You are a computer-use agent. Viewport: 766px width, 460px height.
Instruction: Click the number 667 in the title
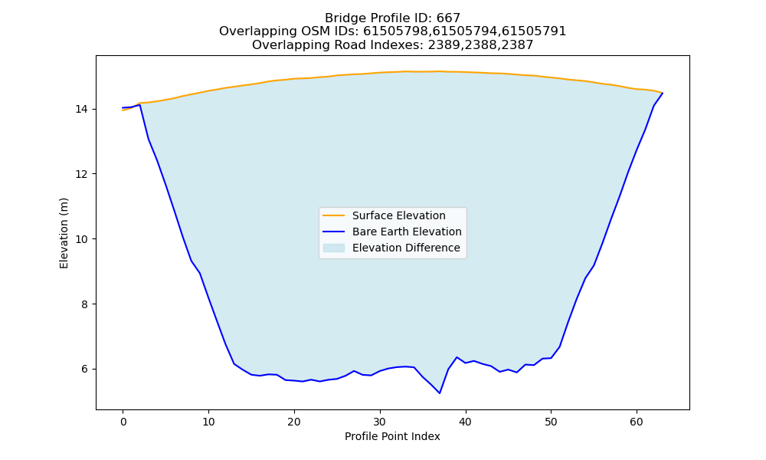click(448, 18)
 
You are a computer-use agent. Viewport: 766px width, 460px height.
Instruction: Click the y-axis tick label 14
click(82, 109)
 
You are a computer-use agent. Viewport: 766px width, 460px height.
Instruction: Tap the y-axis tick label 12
click(82, 174)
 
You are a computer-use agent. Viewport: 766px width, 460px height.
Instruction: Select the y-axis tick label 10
click(82, 239)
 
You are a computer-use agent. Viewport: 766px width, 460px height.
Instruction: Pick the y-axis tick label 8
click(85, 304)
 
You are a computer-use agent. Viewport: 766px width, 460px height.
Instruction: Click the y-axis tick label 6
click(85, 369)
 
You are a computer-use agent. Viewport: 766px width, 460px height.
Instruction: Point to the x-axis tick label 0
click(123, 422)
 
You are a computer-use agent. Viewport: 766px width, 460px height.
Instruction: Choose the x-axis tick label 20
click(294, 422)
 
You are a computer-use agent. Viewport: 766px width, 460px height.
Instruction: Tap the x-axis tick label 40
click(466, 422)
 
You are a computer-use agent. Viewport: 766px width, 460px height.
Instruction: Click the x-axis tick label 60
click(637, 422)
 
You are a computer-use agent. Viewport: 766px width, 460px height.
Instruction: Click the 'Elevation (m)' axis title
click(64, 233)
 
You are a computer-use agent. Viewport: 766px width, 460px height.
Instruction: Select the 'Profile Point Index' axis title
click(392, 436)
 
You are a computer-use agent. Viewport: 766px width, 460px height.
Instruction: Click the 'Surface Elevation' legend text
click(398, 215)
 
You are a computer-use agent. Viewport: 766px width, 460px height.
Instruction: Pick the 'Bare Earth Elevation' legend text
click(407, 232)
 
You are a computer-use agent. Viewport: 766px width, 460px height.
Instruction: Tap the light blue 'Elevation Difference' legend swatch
click(334, 248)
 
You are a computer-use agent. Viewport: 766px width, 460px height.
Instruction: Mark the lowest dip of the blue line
click(440, 393)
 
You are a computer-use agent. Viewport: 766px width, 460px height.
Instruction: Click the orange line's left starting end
click(123, 110)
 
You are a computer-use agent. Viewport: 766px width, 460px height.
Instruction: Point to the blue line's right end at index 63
click(663, 93)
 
